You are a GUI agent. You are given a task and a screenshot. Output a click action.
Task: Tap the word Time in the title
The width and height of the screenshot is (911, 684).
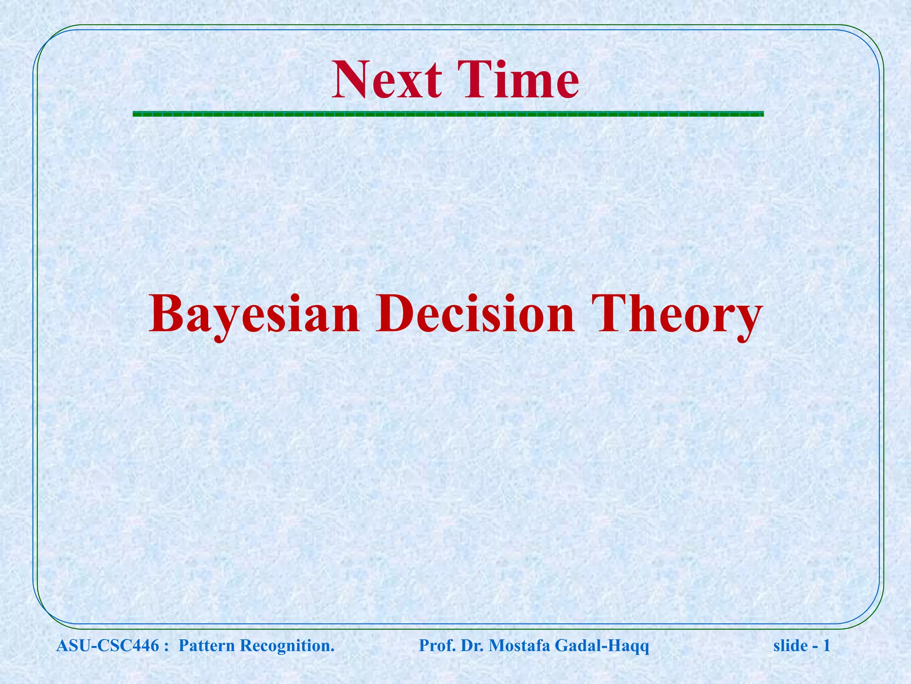click(x=521, y=81)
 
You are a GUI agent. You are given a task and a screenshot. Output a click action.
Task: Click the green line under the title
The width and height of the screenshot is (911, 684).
click(x=448, y=114)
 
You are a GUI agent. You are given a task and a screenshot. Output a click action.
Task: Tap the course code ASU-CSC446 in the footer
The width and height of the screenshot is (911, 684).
click(x=107, y=645)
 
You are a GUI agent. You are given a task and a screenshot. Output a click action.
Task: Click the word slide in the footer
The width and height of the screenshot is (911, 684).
click(x=790, y=645)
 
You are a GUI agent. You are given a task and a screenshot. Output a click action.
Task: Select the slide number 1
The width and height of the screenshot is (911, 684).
click(x=827, y=645)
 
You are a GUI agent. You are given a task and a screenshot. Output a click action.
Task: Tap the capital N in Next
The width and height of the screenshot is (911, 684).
click(x=351, y=81)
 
